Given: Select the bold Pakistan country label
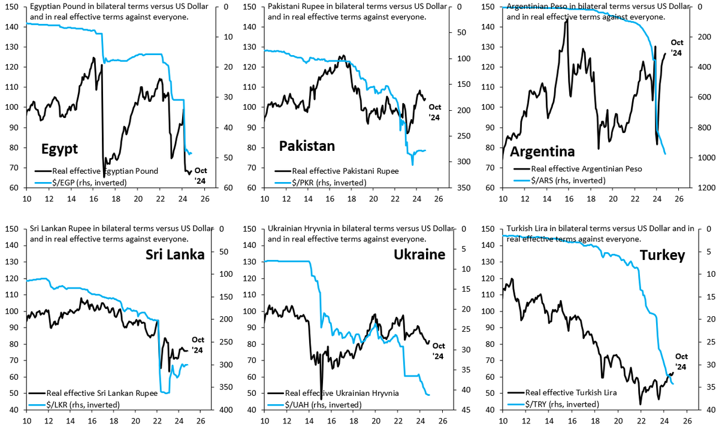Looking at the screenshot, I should tap(307, 146).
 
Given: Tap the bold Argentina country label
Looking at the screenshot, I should tap(542, 152).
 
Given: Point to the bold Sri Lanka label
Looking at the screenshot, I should tap(176, 255).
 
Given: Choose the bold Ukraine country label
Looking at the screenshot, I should tap(419, 255).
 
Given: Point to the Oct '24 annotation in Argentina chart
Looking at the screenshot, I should tap(676, 47).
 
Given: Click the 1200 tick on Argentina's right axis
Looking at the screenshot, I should tap(699, 187).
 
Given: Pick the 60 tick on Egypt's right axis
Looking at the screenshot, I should tap(228, 187).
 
